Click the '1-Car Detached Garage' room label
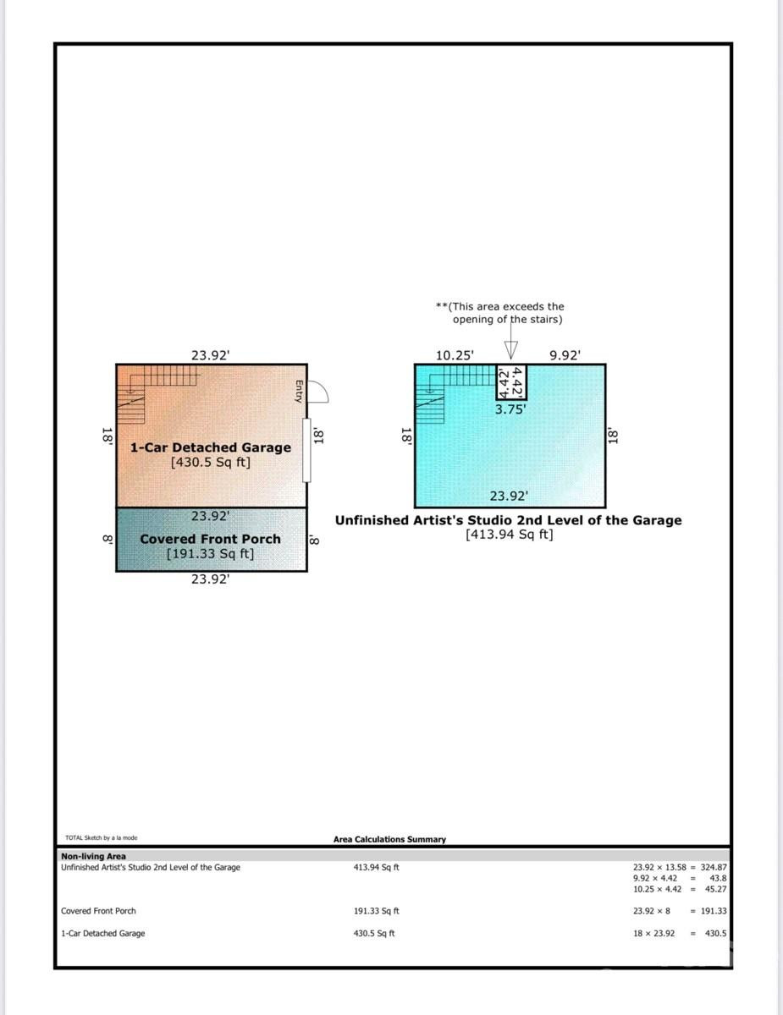pos(210,447)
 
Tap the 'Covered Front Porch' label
pos(210,539)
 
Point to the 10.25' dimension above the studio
pos(455,356)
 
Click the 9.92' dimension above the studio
pos(565,356)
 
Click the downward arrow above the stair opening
pos(510,348)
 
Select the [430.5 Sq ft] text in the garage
pos(210,463)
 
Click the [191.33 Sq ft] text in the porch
pos(210,554)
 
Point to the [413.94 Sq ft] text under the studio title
pos(509,535)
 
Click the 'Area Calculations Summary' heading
pos(389,839)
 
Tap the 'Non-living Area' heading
pos(93,856)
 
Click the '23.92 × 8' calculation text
pos(652,911)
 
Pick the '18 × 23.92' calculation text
pos(654,934)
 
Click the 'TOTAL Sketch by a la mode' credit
pos(101,838)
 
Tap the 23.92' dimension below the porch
pos(210,580)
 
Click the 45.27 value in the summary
pos(715,889)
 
